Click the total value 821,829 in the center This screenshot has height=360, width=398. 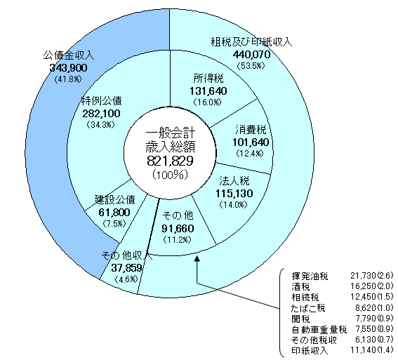click(x=170, y=161)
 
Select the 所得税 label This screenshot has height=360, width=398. click(x=208, y=79)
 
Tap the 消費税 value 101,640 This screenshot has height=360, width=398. click(x=251, y=142)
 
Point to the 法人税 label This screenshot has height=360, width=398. click(x=234, y=181)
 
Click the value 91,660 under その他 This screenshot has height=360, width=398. click(x=178, y=229)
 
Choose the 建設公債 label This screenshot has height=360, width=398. click(x=115, y=200)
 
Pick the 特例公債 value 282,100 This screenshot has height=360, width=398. click(x=101, y=114)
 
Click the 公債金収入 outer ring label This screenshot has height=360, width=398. click(x=69, y=55)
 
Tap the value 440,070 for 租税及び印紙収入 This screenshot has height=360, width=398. click(x=251, y=54)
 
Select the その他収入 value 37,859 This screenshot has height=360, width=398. click(x=126, y=267)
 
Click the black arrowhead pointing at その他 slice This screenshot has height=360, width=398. click(x=197, y=258)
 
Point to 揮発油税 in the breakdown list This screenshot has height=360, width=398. click(x=310, y=276)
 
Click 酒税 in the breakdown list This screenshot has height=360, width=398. click(x=300, y=287)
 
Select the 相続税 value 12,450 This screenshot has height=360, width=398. click(x=363, y=297)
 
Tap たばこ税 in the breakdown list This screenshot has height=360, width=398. click(x=308, y=308)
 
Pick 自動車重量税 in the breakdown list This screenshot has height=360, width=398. click(x=319, y=330)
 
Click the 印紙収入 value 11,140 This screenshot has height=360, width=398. click(x=363, y=350)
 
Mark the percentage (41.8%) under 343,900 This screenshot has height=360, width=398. click(x=68, y=79)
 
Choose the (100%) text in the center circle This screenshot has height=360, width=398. click(x=170, y=175)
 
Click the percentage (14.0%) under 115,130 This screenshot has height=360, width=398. click(x=234, y=205)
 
